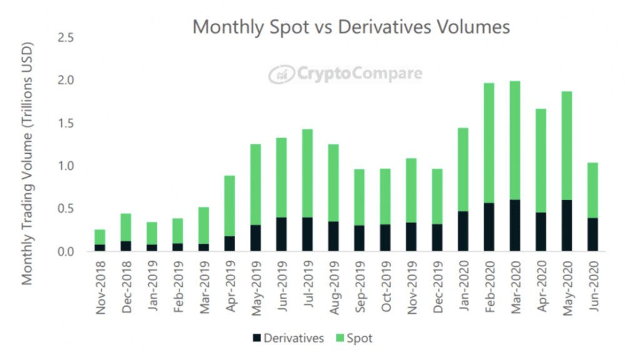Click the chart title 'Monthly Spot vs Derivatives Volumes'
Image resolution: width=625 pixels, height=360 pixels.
[x=351, y=27]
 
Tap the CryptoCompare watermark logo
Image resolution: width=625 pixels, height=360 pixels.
[x=346, y=74]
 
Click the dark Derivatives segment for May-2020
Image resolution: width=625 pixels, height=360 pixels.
[x=566, y=226]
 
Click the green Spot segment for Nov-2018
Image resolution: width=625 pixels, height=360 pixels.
[x=100, y=237]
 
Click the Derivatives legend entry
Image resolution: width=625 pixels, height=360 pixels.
[x=288, y=338]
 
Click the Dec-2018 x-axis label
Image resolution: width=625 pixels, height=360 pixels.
[x=126, y=285]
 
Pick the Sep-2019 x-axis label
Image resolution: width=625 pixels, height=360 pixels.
[x=359, y=285]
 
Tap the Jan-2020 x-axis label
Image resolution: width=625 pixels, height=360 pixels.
[x=462, y=285]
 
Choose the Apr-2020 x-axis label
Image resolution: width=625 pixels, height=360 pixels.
[x=539, y=285]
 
